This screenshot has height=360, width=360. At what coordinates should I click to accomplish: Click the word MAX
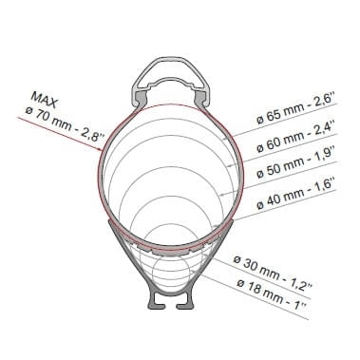(45, 100)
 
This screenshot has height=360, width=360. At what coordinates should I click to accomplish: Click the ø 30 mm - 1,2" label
(273, 273)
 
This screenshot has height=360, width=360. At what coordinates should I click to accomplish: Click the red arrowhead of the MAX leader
(99, 148)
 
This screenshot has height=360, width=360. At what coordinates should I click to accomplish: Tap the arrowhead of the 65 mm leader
(225, 139)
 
